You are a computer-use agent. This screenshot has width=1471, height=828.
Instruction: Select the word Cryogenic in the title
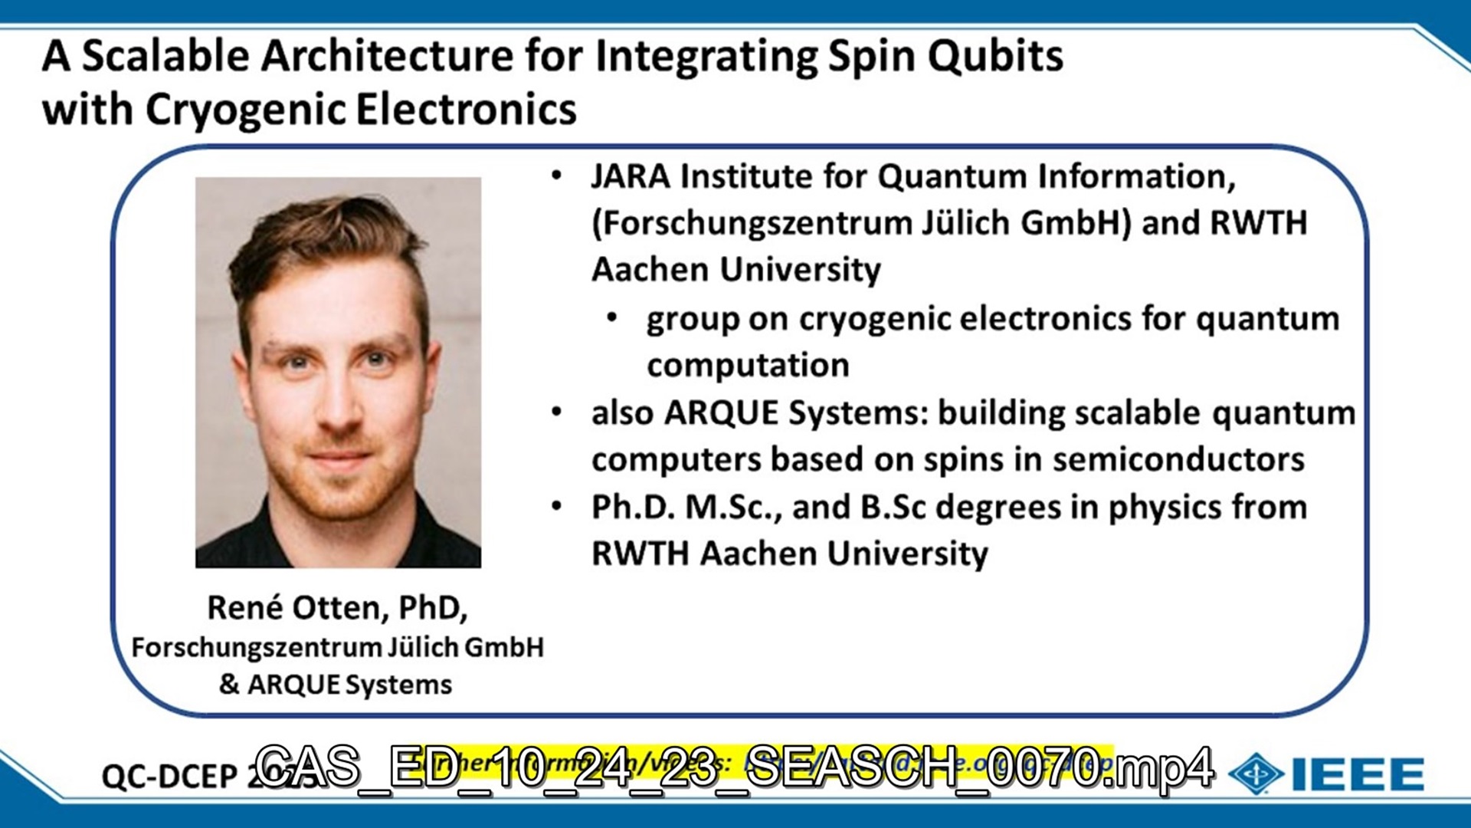[246, 110]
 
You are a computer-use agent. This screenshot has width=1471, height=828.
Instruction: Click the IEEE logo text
[1358, 774]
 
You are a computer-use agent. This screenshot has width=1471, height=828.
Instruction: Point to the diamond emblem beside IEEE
[1256, 774]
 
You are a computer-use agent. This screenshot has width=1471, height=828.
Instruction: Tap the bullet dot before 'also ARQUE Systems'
[557, 412]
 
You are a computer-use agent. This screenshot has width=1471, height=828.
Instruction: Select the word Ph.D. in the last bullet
[633, 507]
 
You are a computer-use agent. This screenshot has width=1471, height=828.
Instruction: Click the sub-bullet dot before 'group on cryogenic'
[611, 317]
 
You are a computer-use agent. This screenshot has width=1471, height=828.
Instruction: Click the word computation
[748, 365]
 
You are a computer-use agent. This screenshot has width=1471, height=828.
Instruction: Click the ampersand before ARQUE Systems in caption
[229, 683]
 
